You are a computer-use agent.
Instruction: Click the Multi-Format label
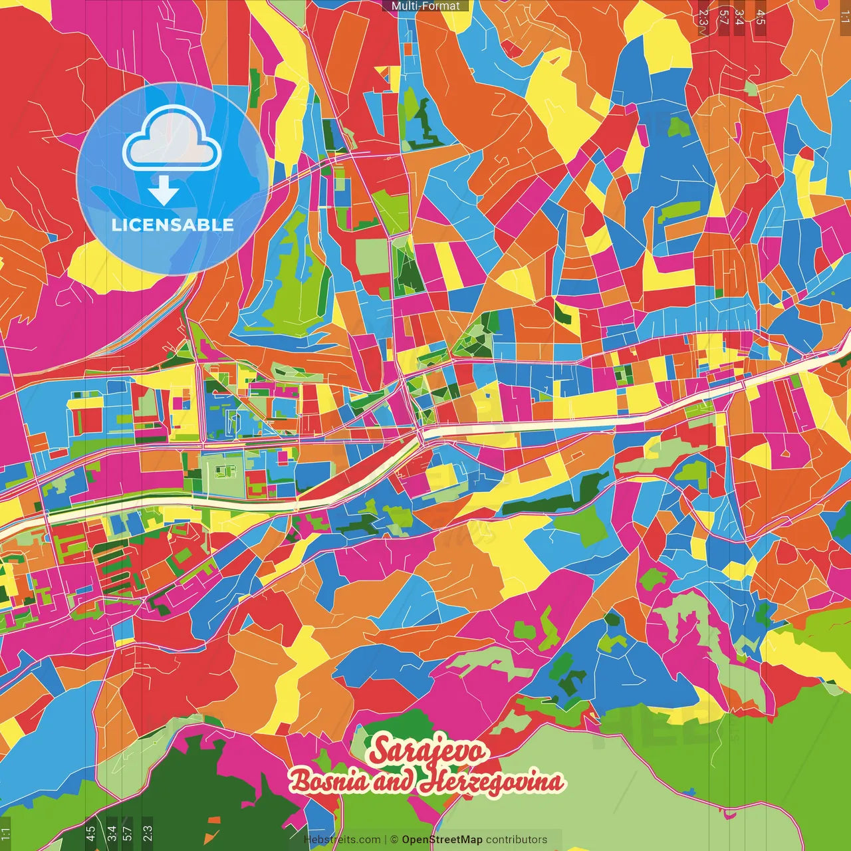425,6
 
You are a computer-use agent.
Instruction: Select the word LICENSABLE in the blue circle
172,225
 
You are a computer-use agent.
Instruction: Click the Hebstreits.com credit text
342,840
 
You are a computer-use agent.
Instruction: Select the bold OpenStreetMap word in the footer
442,840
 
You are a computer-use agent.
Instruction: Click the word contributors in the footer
516,840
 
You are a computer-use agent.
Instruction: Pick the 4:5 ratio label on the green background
90,834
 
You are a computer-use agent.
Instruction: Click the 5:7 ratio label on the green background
128,834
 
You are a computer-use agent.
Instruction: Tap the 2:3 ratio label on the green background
148,834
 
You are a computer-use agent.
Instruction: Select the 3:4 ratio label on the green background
112,834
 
